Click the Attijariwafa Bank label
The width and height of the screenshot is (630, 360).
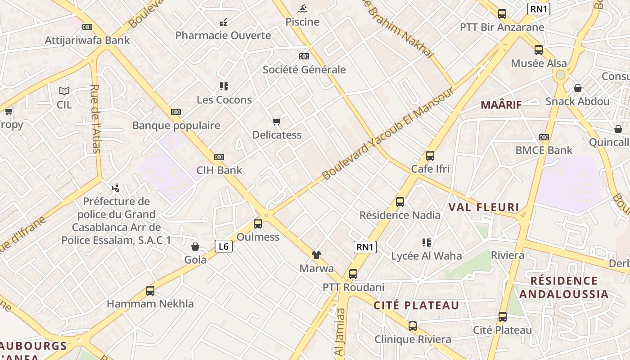click(x=87, y=40)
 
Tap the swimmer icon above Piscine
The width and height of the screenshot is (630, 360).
click(x=302, y=8)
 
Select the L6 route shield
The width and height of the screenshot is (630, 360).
click(x=224, y=246)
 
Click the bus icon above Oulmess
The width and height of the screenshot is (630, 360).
click(x=258, y=223)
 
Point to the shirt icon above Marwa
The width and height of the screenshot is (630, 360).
click(x=316, y=255)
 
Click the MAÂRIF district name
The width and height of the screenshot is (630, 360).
click(x=501, y=105)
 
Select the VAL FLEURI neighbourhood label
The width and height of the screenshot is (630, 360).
click(x=484, y=207)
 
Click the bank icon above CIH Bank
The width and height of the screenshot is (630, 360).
click(x=219, y=157)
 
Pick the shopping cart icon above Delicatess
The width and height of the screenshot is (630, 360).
click(x=277, y=121)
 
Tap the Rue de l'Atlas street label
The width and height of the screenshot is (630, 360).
click(x=95, y=119)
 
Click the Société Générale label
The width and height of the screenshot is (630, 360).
click(x=304, y=70)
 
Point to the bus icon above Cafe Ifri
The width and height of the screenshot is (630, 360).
click(x=430, y=156)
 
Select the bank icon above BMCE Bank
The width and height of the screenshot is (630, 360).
click(x=544, y=137)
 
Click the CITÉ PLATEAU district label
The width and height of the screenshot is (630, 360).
click(x=416, y=306)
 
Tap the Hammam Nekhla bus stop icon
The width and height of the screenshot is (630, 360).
click(x=150, y=291)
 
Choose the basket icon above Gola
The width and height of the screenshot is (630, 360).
click(x=195, y=247)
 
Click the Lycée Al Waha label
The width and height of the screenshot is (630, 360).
click(x=426, y=256)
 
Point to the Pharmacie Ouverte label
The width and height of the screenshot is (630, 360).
click(x=223, y=36)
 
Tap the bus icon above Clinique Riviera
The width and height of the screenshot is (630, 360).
click(x=413, y=326)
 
